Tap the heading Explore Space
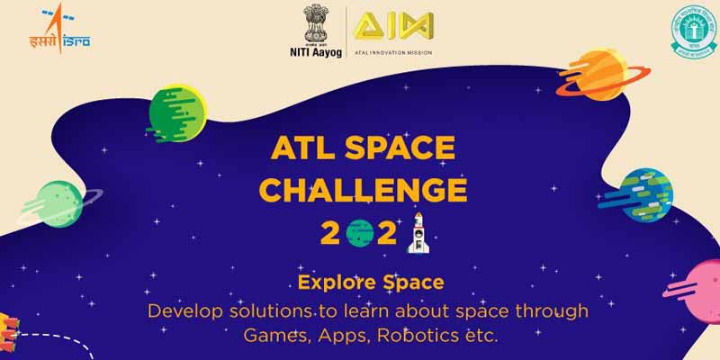[x=359, y=283]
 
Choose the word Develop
[x=185, y=311]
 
